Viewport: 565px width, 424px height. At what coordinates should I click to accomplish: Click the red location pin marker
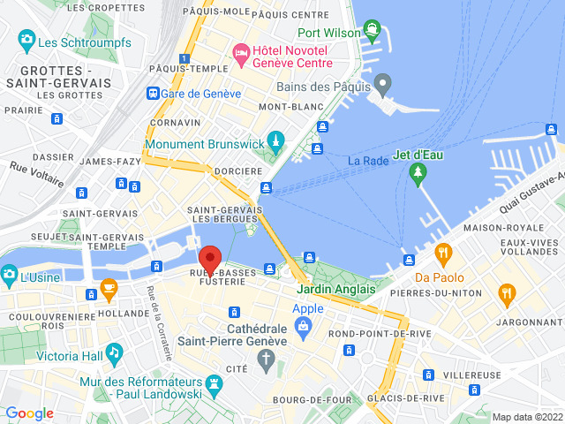coord(210,260)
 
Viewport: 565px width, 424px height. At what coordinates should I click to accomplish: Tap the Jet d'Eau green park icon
coord(418,177)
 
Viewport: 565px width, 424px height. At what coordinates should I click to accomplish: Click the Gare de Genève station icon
coord(153,93)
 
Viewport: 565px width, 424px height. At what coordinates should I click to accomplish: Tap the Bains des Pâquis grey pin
coord(382,86)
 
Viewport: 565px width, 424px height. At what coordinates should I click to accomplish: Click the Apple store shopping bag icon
coord(303,328)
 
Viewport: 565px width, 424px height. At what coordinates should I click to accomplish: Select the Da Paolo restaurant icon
coord(444,255)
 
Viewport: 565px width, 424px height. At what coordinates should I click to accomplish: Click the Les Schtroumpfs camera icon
coord(26,41)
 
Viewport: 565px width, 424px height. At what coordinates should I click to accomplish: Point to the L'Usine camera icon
coord(8,276)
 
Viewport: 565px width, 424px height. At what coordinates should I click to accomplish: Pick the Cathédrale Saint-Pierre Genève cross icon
coord(264,359)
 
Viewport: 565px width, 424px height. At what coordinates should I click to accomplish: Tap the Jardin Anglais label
coord(335,289)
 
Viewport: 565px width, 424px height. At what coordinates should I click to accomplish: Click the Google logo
coord(29,413)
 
